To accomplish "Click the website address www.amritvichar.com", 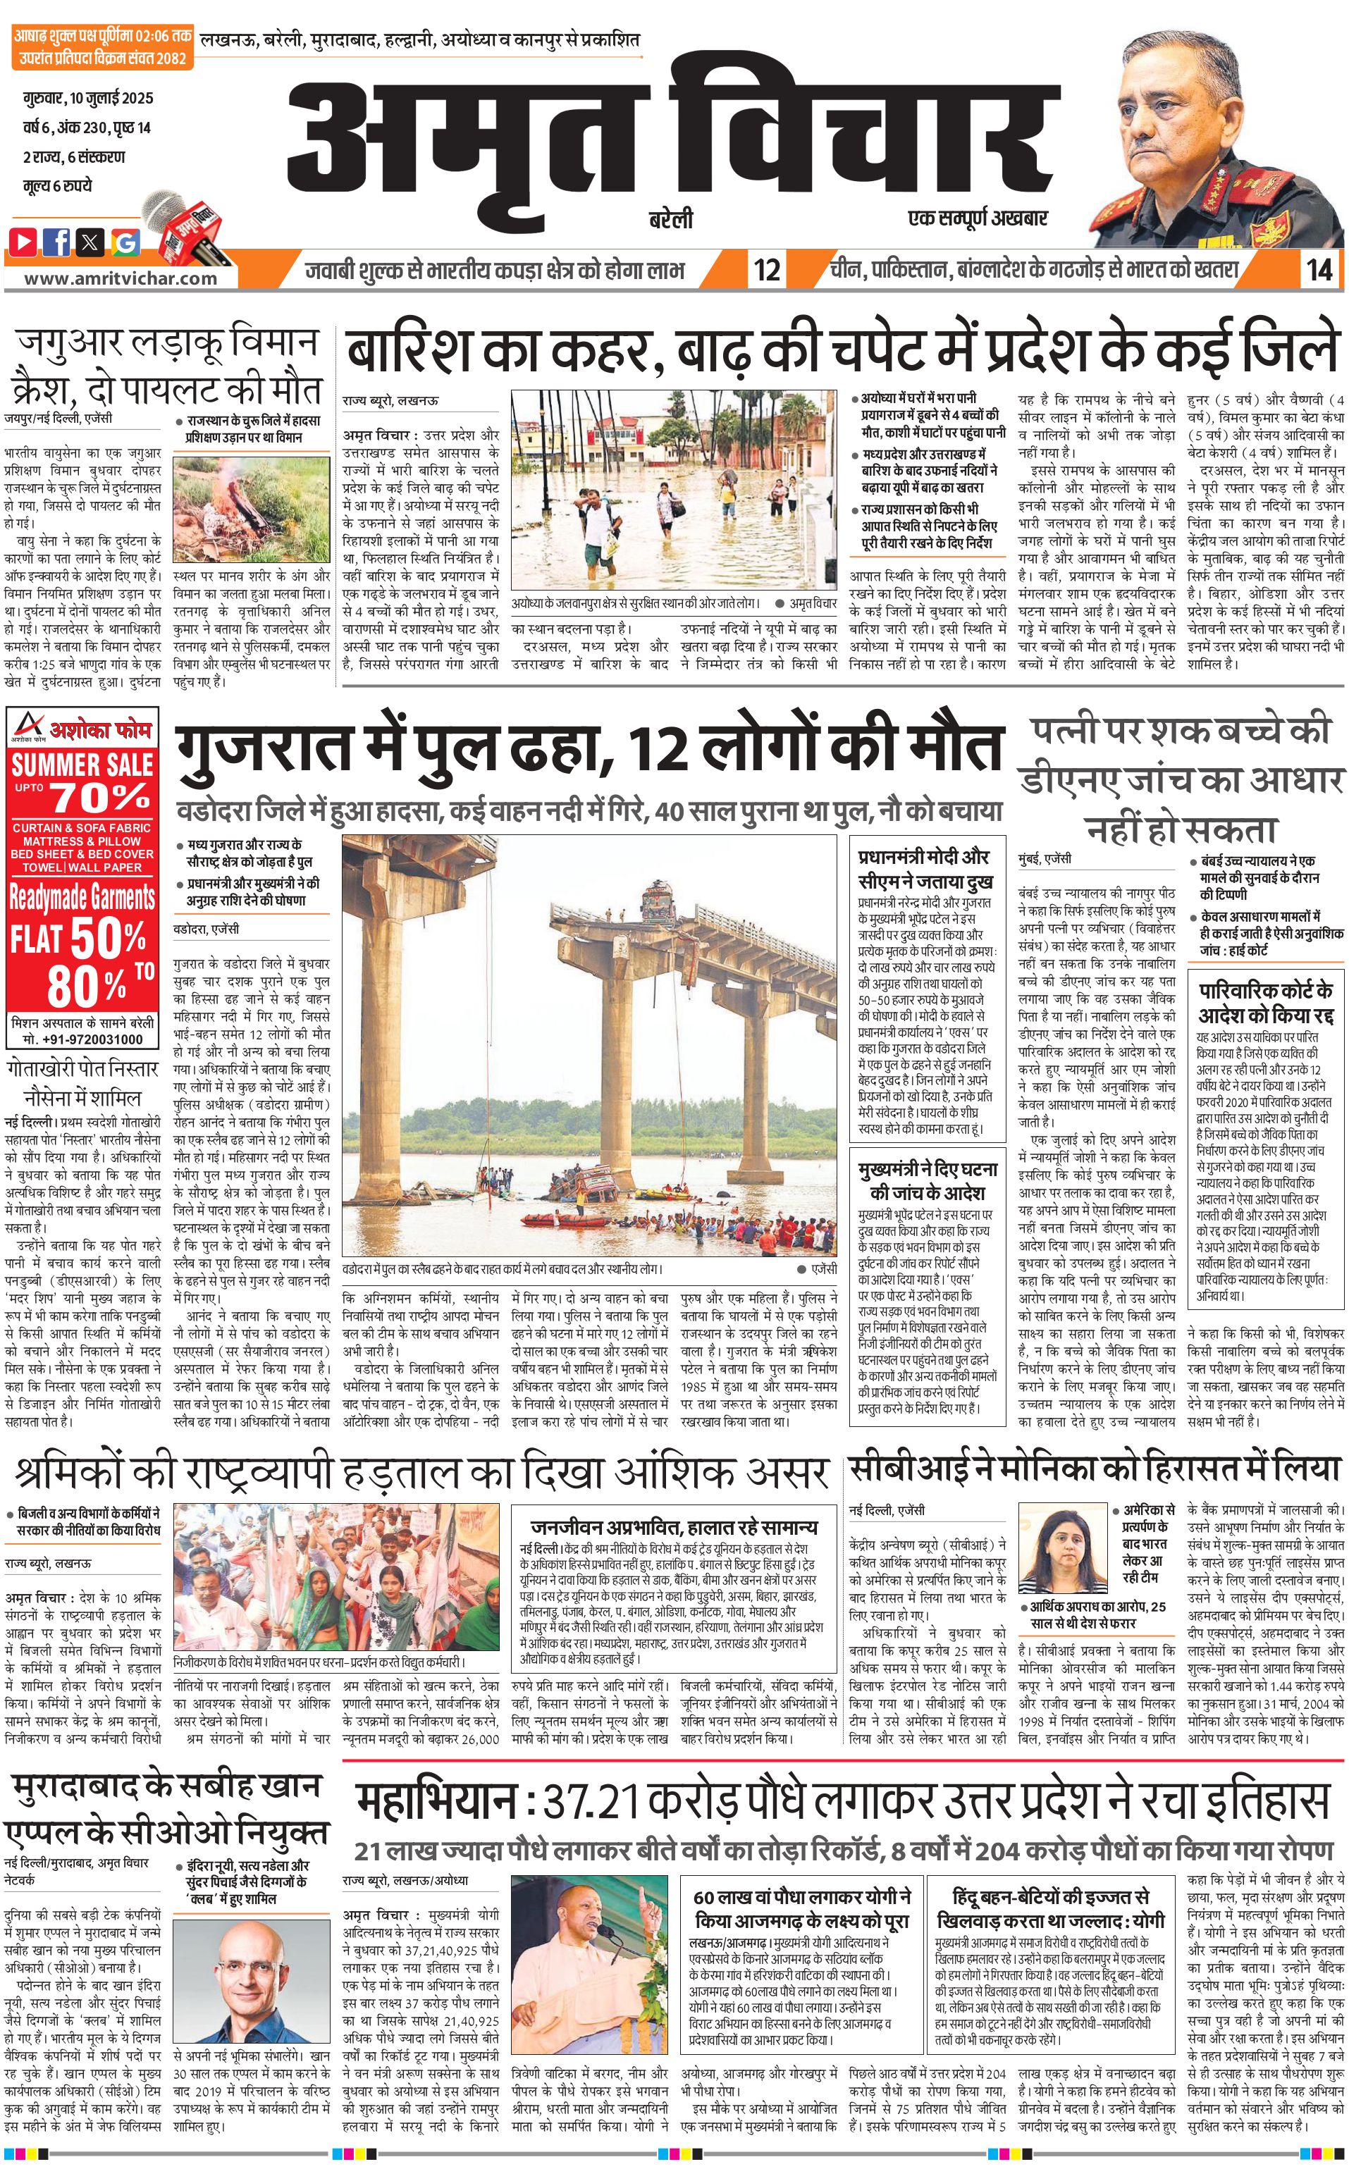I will click(x=120, y=278).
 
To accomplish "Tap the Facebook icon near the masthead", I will click(x=58, y=241).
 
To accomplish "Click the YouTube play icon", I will click(x=24, y=241).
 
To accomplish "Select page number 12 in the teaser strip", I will click(x=766, y=269).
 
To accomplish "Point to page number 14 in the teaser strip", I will click(x=1319, y=269).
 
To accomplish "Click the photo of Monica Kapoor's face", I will click(x=1065, y=1540).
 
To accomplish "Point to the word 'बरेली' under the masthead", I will click(x=671, y=219).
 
